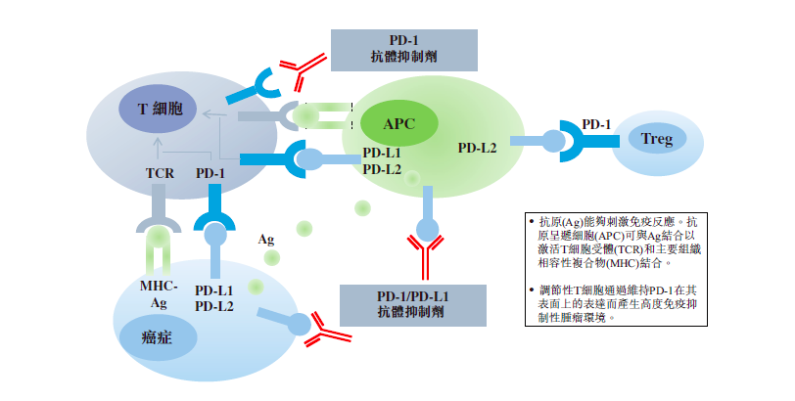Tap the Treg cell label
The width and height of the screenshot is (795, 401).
tap(657, 139)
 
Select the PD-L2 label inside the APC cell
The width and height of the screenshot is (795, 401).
tap(477, 148)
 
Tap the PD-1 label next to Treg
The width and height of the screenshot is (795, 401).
tap(596, 124)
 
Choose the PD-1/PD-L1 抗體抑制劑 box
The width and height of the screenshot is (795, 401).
tap(412, 304)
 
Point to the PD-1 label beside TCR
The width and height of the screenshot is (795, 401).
tap(210, 173)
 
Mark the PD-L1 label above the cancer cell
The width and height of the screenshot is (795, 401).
tap(213, 290)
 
